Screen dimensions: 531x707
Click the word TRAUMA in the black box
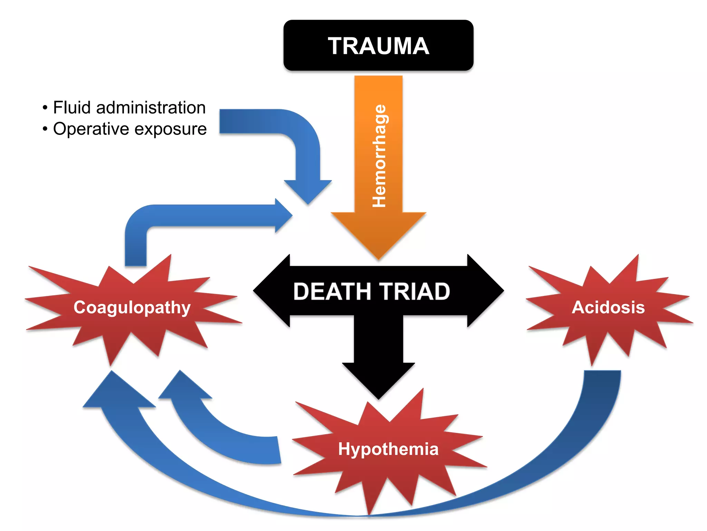(378, 46)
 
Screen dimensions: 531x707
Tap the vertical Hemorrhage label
(379, 156)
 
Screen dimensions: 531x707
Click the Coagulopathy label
(132, 307)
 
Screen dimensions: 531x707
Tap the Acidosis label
(608, 307)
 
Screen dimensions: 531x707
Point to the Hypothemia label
(388, 449)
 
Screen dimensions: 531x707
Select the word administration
(151, 108)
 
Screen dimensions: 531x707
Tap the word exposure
(171, 129)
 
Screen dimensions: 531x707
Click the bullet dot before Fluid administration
(45, 108)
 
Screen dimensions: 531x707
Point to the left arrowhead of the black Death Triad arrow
(268, 291)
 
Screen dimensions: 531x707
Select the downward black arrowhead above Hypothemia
(378, 384)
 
